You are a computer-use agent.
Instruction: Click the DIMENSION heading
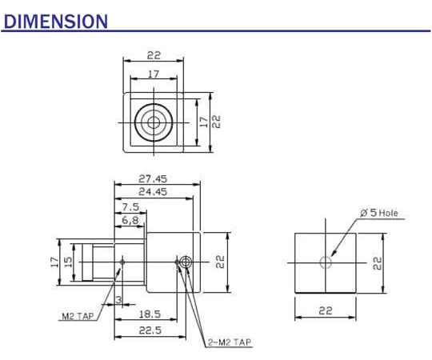(55, 21)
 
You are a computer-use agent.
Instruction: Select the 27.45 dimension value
(153, 179)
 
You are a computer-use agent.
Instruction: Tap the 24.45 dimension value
(153, 192)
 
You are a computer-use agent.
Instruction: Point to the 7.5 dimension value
(130, 206)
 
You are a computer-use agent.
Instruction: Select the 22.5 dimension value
(151, 329)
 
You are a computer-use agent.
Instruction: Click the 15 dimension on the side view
(69, 262)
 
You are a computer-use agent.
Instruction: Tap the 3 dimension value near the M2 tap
(118, 299)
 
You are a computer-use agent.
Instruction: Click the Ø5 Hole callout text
(378, 213)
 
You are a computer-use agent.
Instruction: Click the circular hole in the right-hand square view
(326, 262)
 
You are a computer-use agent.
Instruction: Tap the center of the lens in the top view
(152, 122)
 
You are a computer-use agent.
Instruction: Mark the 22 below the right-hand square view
(326, 311)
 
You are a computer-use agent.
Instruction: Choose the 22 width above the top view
(154, 55)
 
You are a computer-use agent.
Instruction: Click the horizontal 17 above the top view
(152, 74)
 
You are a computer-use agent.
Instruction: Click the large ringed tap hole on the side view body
(186, 262)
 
